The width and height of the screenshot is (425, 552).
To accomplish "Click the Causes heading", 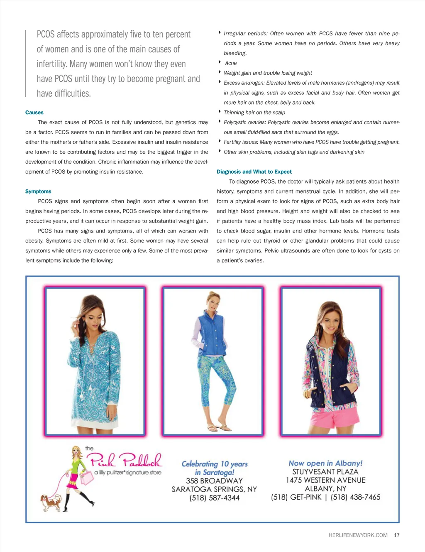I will point(34,113).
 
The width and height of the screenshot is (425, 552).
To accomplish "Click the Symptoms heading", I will point(38,191).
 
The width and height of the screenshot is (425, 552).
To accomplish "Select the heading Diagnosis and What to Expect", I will point(254,172).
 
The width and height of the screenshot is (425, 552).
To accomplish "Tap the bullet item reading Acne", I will point(231,63).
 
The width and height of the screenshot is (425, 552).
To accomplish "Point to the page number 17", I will point(397,535).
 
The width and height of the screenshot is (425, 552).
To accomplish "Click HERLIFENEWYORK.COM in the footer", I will point(358,535).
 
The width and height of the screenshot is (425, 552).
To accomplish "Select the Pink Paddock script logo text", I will point(124,460).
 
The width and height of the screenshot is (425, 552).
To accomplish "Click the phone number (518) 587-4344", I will point(215,498).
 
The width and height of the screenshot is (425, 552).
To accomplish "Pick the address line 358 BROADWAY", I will point(214,481).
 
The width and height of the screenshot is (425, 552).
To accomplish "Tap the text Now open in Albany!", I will point(325,463).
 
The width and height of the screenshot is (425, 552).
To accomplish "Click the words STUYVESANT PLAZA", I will point(325,472).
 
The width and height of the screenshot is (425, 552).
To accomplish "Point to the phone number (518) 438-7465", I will point(355,497).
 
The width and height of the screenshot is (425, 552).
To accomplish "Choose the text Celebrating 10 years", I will point(215,464).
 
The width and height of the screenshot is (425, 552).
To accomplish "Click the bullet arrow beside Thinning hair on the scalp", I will point(219,112).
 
